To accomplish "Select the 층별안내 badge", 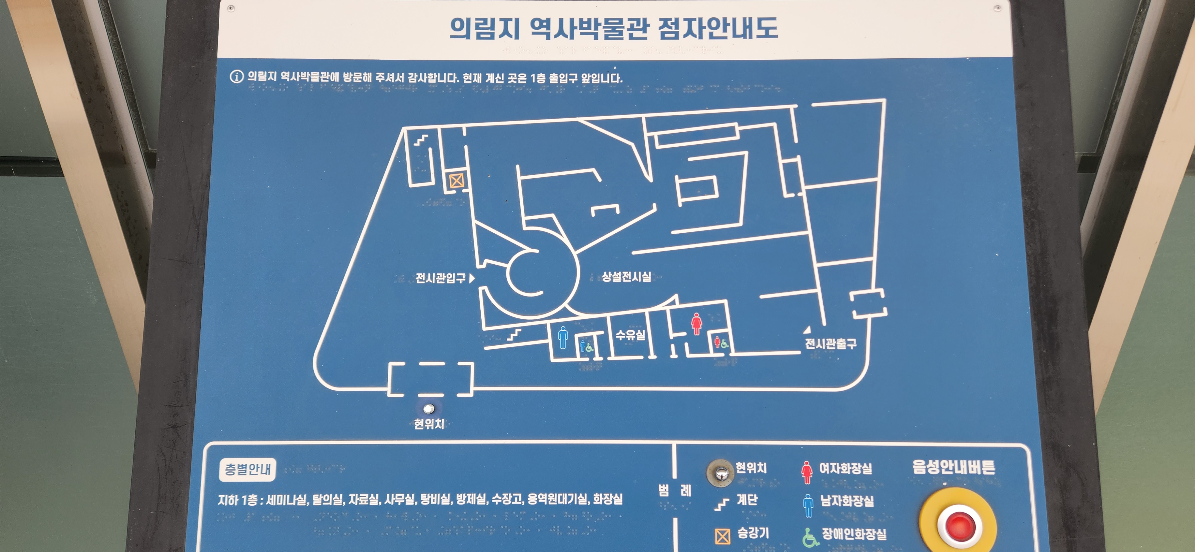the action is point(247,470).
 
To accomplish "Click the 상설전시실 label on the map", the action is point(626,277).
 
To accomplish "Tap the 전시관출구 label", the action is point(831,344).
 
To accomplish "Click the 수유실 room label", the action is point(630,335).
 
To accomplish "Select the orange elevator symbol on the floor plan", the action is point(456,180).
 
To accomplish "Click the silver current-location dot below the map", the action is point(429,409).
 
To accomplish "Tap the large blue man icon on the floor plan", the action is point(563,337).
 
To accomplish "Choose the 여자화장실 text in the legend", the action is point(845,468).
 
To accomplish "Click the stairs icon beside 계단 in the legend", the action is point(721,504).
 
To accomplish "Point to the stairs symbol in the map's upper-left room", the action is point(421,139).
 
